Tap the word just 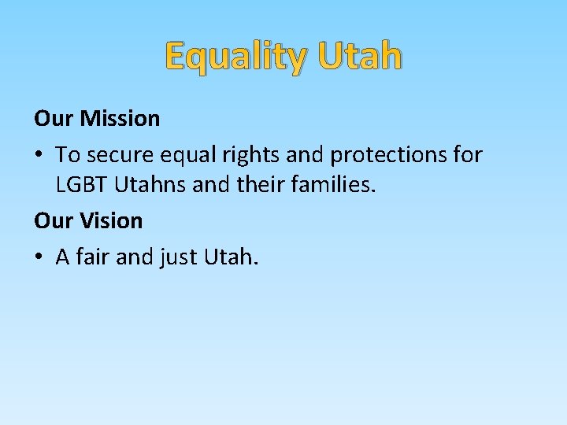(182, 257)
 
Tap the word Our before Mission (54, 119)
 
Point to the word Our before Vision (54, 221)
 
